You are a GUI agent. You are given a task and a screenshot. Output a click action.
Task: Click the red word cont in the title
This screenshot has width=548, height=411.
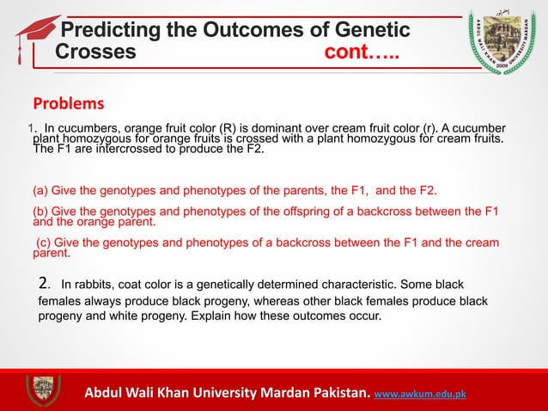(x=348, y=52)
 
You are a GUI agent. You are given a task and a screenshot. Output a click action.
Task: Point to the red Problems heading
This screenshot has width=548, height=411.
(x=68, y=104)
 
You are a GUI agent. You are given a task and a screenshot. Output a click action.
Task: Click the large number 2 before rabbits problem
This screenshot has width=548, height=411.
(x=46, y=284)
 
